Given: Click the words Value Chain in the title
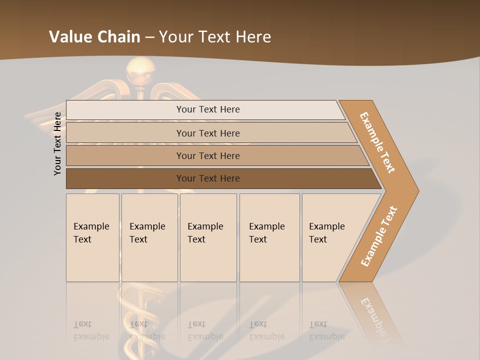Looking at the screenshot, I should (x=94, y=37).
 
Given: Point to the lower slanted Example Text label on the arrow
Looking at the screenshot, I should (x=379, y=236).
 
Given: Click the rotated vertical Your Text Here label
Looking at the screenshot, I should (x=57, y=143).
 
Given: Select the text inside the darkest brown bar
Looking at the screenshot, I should (x=208, y=178).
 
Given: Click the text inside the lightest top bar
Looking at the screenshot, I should (x=208, y=109).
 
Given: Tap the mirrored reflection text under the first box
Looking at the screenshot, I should (x=91, y=330).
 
